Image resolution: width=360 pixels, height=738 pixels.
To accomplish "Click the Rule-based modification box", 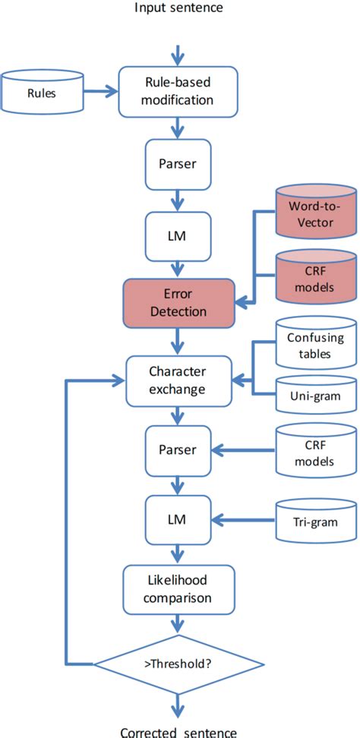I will tap(178, 92).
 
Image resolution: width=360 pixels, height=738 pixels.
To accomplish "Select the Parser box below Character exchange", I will tap(178, 450).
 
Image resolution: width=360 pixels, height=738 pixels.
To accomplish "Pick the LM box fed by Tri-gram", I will tap(178, 521).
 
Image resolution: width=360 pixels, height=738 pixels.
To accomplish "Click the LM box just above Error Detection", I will tap(178, 236).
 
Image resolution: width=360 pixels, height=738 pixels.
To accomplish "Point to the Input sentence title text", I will tap(178, 8).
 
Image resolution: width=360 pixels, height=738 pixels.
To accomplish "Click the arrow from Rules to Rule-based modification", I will tap(98, 93).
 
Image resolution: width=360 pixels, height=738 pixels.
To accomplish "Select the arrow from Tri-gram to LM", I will tap(243, 521).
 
